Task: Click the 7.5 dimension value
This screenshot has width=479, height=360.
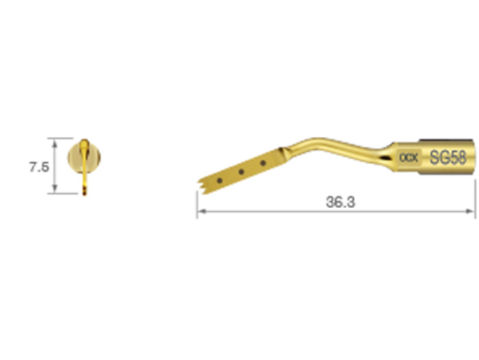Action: (39, 167)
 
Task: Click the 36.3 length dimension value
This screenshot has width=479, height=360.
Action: (340, 202)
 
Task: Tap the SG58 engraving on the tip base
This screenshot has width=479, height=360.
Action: (448, 157)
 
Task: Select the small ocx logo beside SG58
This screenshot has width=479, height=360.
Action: (409, 157)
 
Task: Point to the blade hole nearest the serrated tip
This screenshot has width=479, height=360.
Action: (220, 181)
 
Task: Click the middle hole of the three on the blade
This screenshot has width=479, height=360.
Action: (241, 172)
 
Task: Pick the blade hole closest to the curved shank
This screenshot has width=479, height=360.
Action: (263, 163)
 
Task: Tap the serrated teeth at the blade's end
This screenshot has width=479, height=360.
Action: (200, 186)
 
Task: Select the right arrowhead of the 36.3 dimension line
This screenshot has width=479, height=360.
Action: (471, 211)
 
